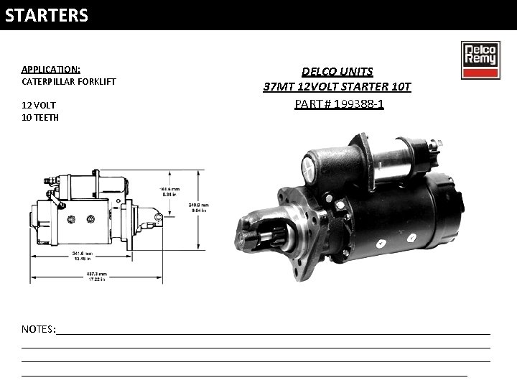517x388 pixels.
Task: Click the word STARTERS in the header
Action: coord(47,15)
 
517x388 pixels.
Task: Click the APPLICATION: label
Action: coord(50,69)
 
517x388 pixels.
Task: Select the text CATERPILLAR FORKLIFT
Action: coord(68,81)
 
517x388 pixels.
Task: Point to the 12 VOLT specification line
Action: coord(38,105)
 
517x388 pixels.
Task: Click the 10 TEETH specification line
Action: coord(40,117)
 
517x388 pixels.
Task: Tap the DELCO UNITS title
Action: coord(337,71)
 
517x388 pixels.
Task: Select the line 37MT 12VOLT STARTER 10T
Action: coord(337,87)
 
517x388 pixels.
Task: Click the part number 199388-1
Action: coord(339,103)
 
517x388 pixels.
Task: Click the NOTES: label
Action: coord(39,328)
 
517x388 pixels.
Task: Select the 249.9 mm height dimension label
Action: coord(197,207)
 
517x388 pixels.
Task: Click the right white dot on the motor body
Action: coord(411,235)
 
